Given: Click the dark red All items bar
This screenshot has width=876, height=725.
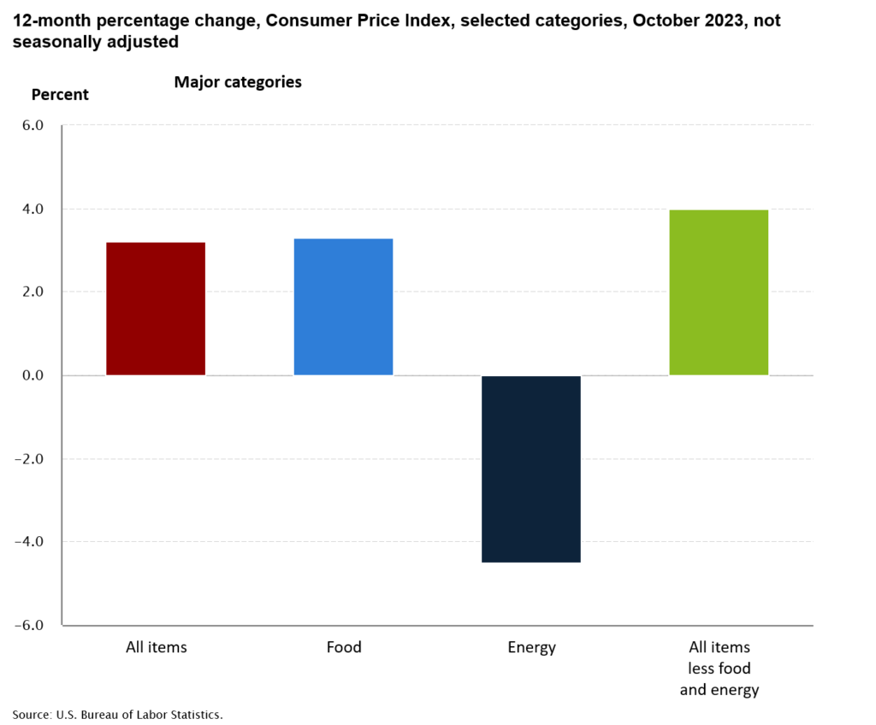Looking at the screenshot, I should [x=156, y=309].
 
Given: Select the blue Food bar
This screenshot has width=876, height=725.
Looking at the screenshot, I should [x=343, y=307].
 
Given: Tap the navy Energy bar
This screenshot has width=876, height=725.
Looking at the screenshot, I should [x=531, y=469].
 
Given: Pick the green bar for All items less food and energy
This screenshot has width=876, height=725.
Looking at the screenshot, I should [x=719, y=292].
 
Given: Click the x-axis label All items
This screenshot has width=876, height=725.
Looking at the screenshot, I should [x=156, y=647].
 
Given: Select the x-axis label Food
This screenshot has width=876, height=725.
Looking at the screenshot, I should [x=344, y=647].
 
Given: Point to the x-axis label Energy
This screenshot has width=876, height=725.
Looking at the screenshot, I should [x=531, y=647].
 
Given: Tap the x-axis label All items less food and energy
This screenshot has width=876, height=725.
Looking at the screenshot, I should [x=719, y=668].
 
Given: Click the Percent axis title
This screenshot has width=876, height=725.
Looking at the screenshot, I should [x=60, y=95].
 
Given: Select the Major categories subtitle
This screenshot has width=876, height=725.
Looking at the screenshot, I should [x=238, y=82].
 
